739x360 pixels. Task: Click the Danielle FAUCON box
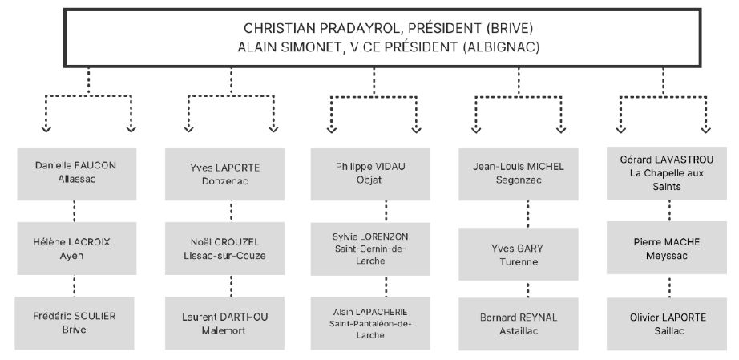pyautogui.click(x=77, y=174)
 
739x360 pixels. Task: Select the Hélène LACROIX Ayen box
pyautogui.click(x=77, y=249)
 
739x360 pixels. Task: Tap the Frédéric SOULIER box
pyautogui.click(x=75, y=323)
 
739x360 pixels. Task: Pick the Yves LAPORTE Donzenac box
pyautogui.click(x=224, y=174)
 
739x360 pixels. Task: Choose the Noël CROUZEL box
pyautogui.click(x=224, y=249)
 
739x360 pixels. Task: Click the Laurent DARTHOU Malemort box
pyautogui.click(x=224, y=323)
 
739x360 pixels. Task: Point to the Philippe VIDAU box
pyautogui.click(x=370, y=174)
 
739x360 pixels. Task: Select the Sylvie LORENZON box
pyautogui.click(x=370, y=249)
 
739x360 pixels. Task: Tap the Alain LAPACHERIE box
pyautogui.click(x=370, y=323)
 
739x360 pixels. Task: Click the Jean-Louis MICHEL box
pyautogui.click(x=519, y=174)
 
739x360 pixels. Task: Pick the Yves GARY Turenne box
pyautogui.click(x=519, y=254)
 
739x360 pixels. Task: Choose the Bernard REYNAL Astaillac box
pyautogui.click(x=519, y=324)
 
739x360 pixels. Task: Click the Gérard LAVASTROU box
pyautogui.click(x=666, y=173)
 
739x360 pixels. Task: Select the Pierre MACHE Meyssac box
pyautogui.click(x=666, y=249)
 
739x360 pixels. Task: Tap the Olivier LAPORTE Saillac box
pyautogui.click(x=666, y=324)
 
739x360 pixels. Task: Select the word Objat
pyautogui.click(x=370, y=180)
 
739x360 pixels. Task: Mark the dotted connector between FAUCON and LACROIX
pyautogui.click(x=74, y=211)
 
